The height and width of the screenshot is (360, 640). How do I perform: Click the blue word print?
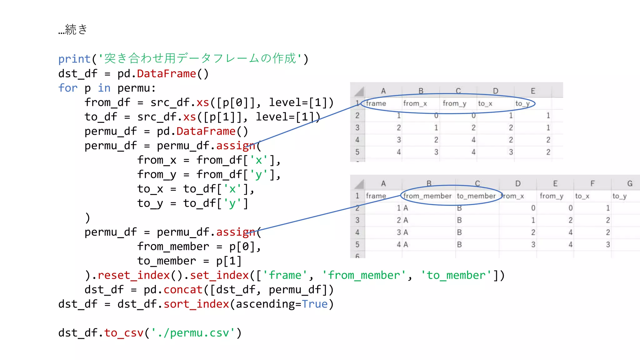tap(74, 59)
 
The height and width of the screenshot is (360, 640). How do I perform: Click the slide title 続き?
tap(76, 29)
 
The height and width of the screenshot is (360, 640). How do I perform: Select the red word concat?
tap(183, 290)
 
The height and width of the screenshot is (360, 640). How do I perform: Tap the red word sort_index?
tap(196, 304)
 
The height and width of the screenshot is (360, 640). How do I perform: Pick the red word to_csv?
tap(124, 333)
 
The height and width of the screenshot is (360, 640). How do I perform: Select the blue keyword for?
tap(68, 88)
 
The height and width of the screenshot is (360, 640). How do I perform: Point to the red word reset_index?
tap(133, 275)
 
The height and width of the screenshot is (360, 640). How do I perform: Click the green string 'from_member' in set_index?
tap(364, 275)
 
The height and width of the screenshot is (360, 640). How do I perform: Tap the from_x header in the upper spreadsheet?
tap(415, 103)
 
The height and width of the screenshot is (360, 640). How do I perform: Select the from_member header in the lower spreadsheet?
tap(427, 196)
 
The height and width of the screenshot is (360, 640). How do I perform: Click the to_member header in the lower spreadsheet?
tap(476, 196)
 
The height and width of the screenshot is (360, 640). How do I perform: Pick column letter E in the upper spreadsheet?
tap(533, 91)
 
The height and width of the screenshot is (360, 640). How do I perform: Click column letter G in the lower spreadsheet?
tap(630, 183)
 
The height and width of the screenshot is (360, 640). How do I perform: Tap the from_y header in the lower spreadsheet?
tap(552, 196)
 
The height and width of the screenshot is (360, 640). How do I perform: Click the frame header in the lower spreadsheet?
tap(376, 196)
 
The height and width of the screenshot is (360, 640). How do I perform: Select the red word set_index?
tap(219, 275)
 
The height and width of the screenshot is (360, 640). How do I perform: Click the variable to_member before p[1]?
tap(167, 261)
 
